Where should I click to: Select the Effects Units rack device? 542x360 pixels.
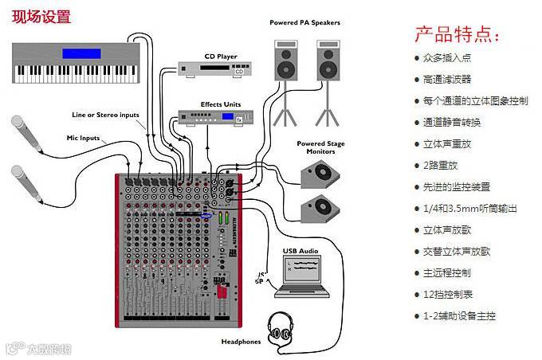pos(210,118)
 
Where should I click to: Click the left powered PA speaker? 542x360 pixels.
pos(285,63)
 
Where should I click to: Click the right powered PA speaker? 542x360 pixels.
pos(326,63)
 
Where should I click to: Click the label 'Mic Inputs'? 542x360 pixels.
pos(83,138)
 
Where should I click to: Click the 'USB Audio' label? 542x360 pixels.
pos(300,251)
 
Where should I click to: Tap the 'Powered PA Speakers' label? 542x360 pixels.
pos(304,22)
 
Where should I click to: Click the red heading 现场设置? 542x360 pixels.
pos(41,16)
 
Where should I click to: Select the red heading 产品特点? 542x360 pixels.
pos(457,35)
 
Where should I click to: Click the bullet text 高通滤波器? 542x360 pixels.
pos(447,80)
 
